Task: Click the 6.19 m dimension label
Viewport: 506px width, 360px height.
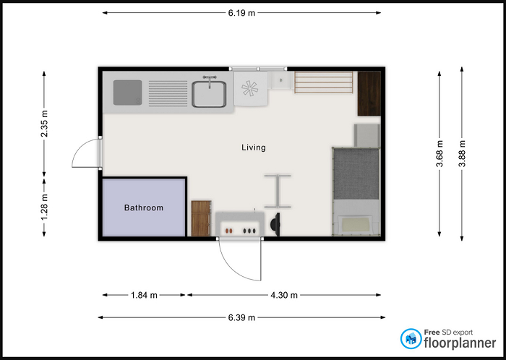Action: (x=241, y=13)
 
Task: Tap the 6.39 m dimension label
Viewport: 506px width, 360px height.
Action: (x=241, y=318)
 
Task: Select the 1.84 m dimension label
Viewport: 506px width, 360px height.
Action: (x=144, y=295)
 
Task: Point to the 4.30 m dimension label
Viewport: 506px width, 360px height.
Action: (x=284, y=295)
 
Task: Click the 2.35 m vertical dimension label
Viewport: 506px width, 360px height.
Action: (x=44, y=124)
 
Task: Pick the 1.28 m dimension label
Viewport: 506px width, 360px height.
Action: (x=44, y=207)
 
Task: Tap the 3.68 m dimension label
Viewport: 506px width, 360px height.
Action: (x=439, y=153)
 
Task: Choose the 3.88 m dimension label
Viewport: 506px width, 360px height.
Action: (x=462, y=153)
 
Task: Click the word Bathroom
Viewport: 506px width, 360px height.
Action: (x=144, y=207)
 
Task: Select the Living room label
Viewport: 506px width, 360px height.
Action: (x=254, y=147)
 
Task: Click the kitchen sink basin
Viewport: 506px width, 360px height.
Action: (x=209, y=94)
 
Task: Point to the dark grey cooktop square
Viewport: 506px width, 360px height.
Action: (x=127, y=93)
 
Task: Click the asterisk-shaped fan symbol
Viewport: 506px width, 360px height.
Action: (x=250, y=89)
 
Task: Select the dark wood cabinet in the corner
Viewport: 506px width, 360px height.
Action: (x=369, y=93)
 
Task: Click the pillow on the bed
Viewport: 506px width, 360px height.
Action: (x=356, y=224)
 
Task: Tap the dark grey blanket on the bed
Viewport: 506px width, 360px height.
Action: (x=356, y=174)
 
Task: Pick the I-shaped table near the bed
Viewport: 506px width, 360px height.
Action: (x=278, y=192)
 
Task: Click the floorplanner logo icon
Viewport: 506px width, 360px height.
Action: (x=411, y=339)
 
